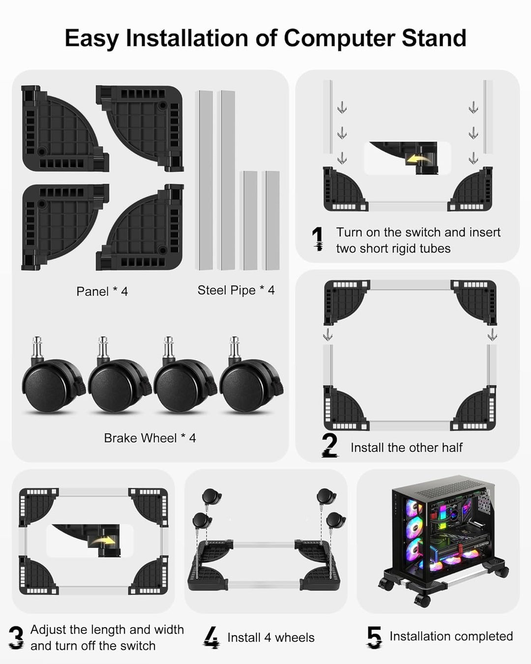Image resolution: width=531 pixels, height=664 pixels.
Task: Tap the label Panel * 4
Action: [102, 291]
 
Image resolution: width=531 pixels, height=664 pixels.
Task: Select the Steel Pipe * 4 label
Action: [236, 290]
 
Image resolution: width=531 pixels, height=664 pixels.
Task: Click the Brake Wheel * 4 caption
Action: [150, 438]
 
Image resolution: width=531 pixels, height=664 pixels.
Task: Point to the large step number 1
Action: [318, 239]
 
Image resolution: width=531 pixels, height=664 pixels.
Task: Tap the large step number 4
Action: [212, 637]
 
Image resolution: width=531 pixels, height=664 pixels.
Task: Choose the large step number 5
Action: [375, 637]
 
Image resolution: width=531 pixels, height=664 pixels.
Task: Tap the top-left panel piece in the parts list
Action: [62, 128]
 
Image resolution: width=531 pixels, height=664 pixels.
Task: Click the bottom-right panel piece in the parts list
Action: [142, 227]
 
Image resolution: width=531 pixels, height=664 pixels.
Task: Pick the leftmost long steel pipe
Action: [204, 180]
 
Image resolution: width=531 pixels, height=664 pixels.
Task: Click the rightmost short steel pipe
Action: [271, 221]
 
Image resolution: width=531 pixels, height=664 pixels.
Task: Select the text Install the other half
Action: [406, 448]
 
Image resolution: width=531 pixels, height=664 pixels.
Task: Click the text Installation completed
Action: [451, 636]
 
